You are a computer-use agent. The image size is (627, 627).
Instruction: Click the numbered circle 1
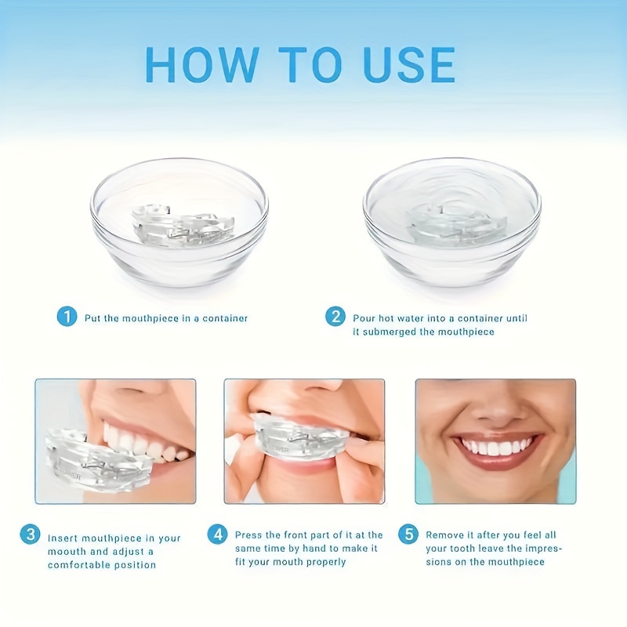tap(67, 317)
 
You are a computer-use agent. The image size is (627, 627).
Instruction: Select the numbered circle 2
tap(336, 317)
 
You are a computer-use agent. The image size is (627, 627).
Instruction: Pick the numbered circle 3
tap(30, 535)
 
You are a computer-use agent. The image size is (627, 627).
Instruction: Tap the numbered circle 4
tap(217, 535)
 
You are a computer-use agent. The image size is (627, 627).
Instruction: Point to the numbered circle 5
tap(408, 535)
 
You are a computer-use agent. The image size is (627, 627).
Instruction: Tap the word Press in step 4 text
tap(250, 535)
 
